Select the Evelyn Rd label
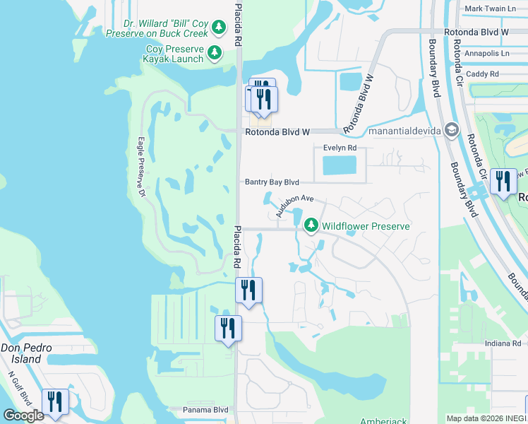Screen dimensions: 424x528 340,148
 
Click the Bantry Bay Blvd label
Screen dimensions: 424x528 272,182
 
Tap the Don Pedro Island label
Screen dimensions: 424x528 21,354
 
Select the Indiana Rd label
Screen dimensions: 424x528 503,343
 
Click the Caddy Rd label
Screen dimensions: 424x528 483,73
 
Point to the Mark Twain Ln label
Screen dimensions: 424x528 488,10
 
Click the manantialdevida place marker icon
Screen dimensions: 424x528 452,130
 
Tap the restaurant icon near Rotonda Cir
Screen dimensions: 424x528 503,181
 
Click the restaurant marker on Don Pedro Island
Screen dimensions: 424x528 54,401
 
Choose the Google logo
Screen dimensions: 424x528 23,416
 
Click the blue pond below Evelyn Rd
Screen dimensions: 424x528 339,166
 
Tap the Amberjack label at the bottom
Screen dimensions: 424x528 383,421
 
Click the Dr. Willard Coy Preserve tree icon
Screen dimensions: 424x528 219,28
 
